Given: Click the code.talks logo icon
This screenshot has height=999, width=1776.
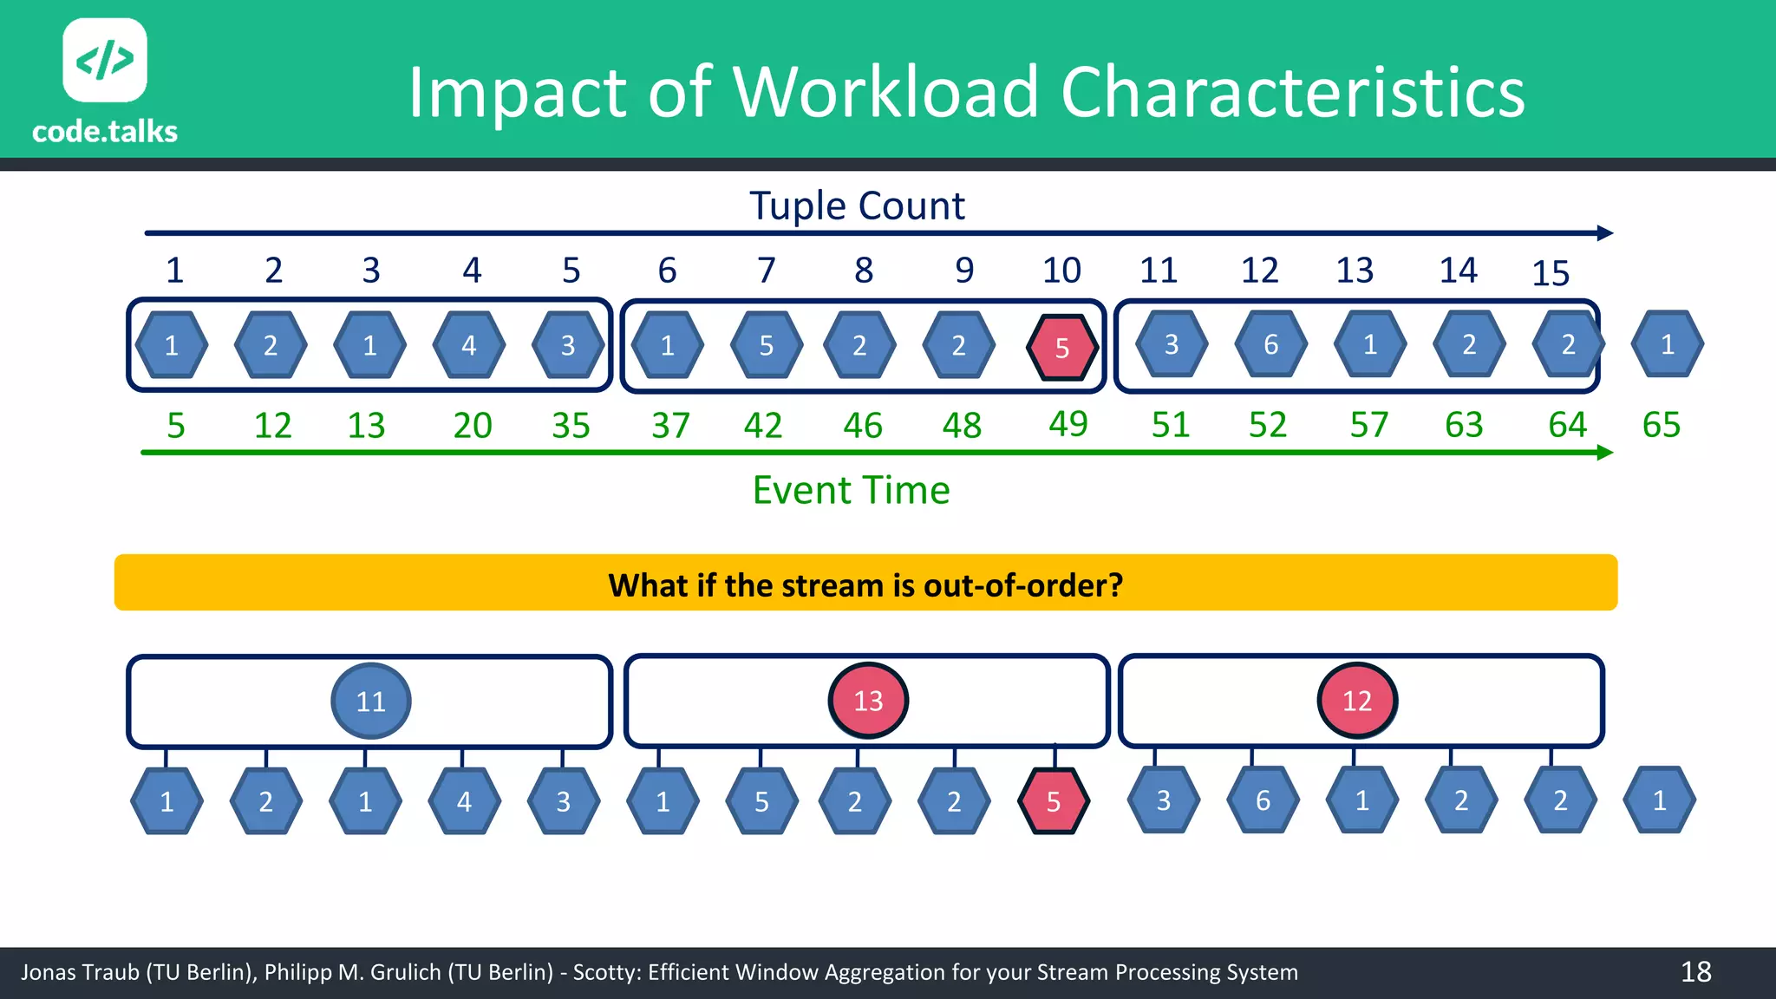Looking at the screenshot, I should [x=105, y=60].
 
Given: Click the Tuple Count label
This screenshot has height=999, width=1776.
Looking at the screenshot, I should [x=857, y=206].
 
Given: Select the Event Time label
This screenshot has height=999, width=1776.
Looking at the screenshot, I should [x=851, y=491].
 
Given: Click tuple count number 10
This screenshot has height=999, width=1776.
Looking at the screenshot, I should [x=1061, y=271].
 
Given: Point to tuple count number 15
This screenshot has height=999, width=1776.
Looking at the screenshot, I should [x=1551, y=274].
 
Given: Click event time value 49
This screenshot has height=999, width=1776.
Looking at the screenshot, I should [x=1068, y=424].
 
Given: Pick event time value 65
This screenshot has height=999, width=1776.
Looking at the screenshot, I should [x=1661, y=425].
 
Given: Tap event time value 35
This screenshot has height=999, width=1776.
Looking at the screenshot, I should [x=571, y=426].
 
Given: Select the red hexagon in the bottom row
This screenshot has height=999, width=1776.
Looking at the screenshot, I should [x=1053, y=801].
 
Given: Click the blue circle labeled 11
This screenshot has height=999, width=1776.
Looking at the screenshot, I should [x=371, y=701].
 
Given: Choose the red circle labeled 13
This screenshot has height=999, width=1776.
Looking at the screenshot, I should [x=868, y=701].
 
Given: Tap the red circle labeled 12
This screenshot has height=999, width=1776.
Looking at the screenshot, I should [x=1357, y=701].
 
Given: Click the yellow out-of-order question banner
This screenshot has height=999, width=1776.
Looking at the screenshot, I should [x=865, y=584].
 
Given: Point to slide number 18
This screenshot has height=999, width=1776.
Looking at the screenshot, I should [x=1695, y=972].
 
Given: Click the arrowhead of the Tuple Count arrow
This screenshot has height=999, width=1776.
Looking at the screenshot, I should [x=1605, y=233].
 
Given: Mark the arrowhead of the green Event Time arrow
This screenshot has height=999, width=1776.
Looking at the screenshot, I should [x=1605, y=453].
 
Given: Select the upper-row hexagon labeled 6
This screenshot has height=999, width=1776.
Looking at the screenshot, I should [x=1270, y=345].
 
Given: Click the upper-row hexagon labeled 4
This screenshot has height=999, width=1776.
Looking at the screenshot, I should [x=469, y=346].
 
